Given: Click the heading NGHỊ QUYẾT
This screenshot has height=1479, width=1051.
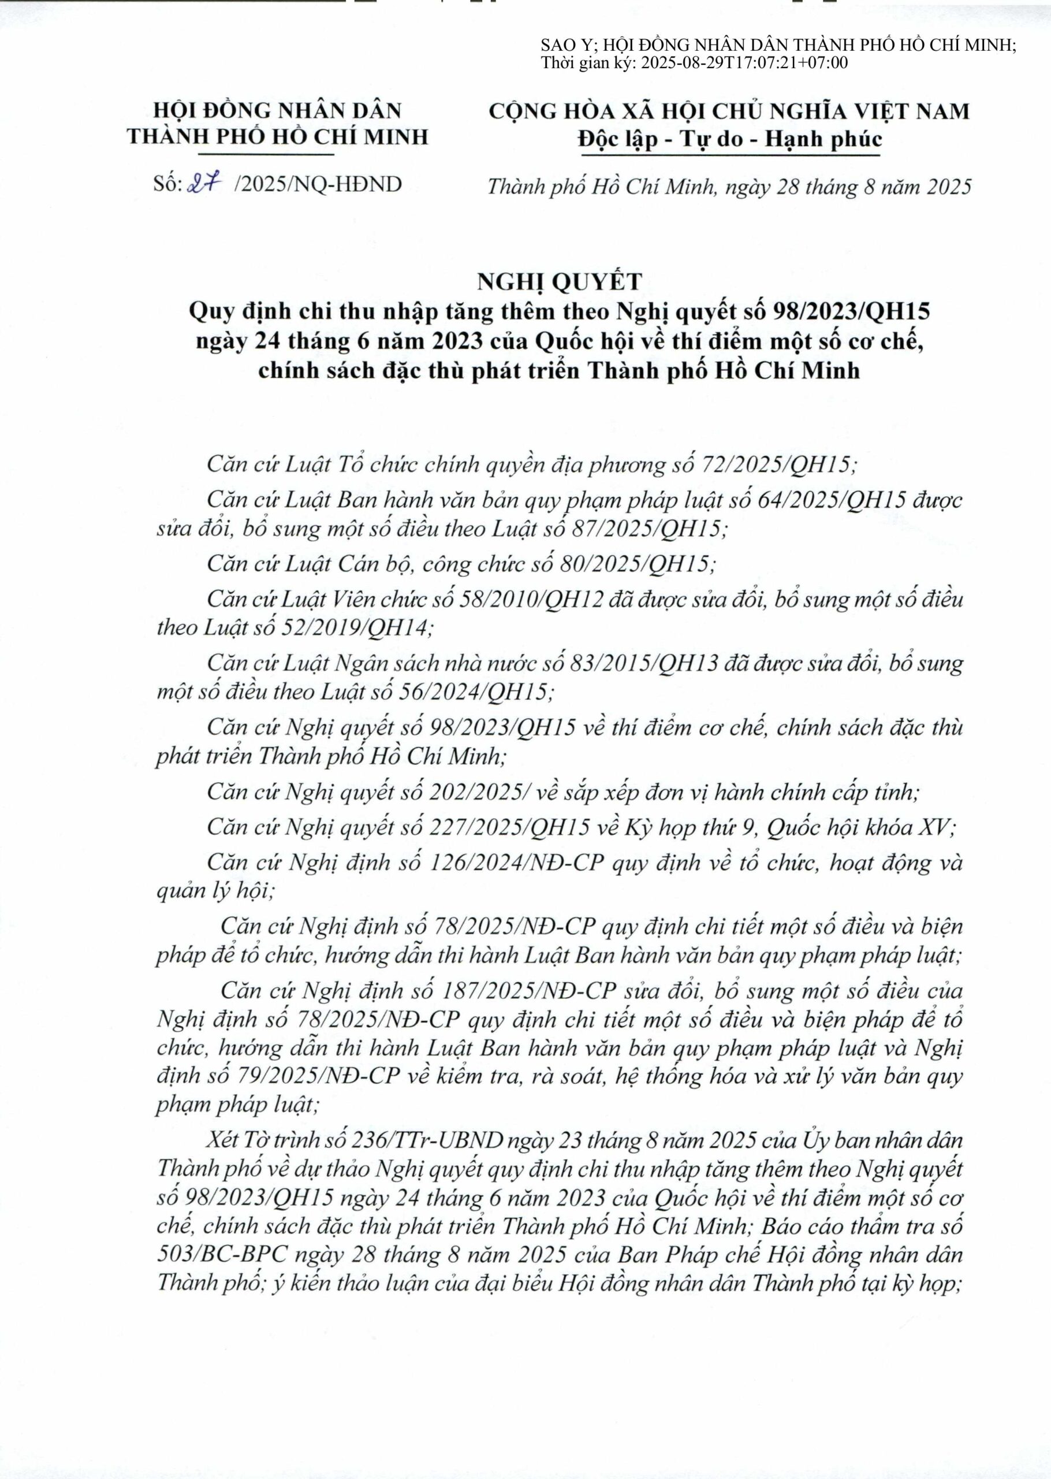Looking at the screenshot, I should (x=559, y=281).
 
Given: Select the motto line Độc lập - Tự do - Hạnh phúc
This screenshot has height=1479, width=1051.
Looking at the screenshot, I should (x=729, y=139).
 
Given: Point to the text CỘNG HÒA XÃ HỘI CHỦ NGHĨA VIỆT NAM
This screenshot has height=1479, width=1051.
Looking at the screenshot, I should (x=729, y=112).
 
